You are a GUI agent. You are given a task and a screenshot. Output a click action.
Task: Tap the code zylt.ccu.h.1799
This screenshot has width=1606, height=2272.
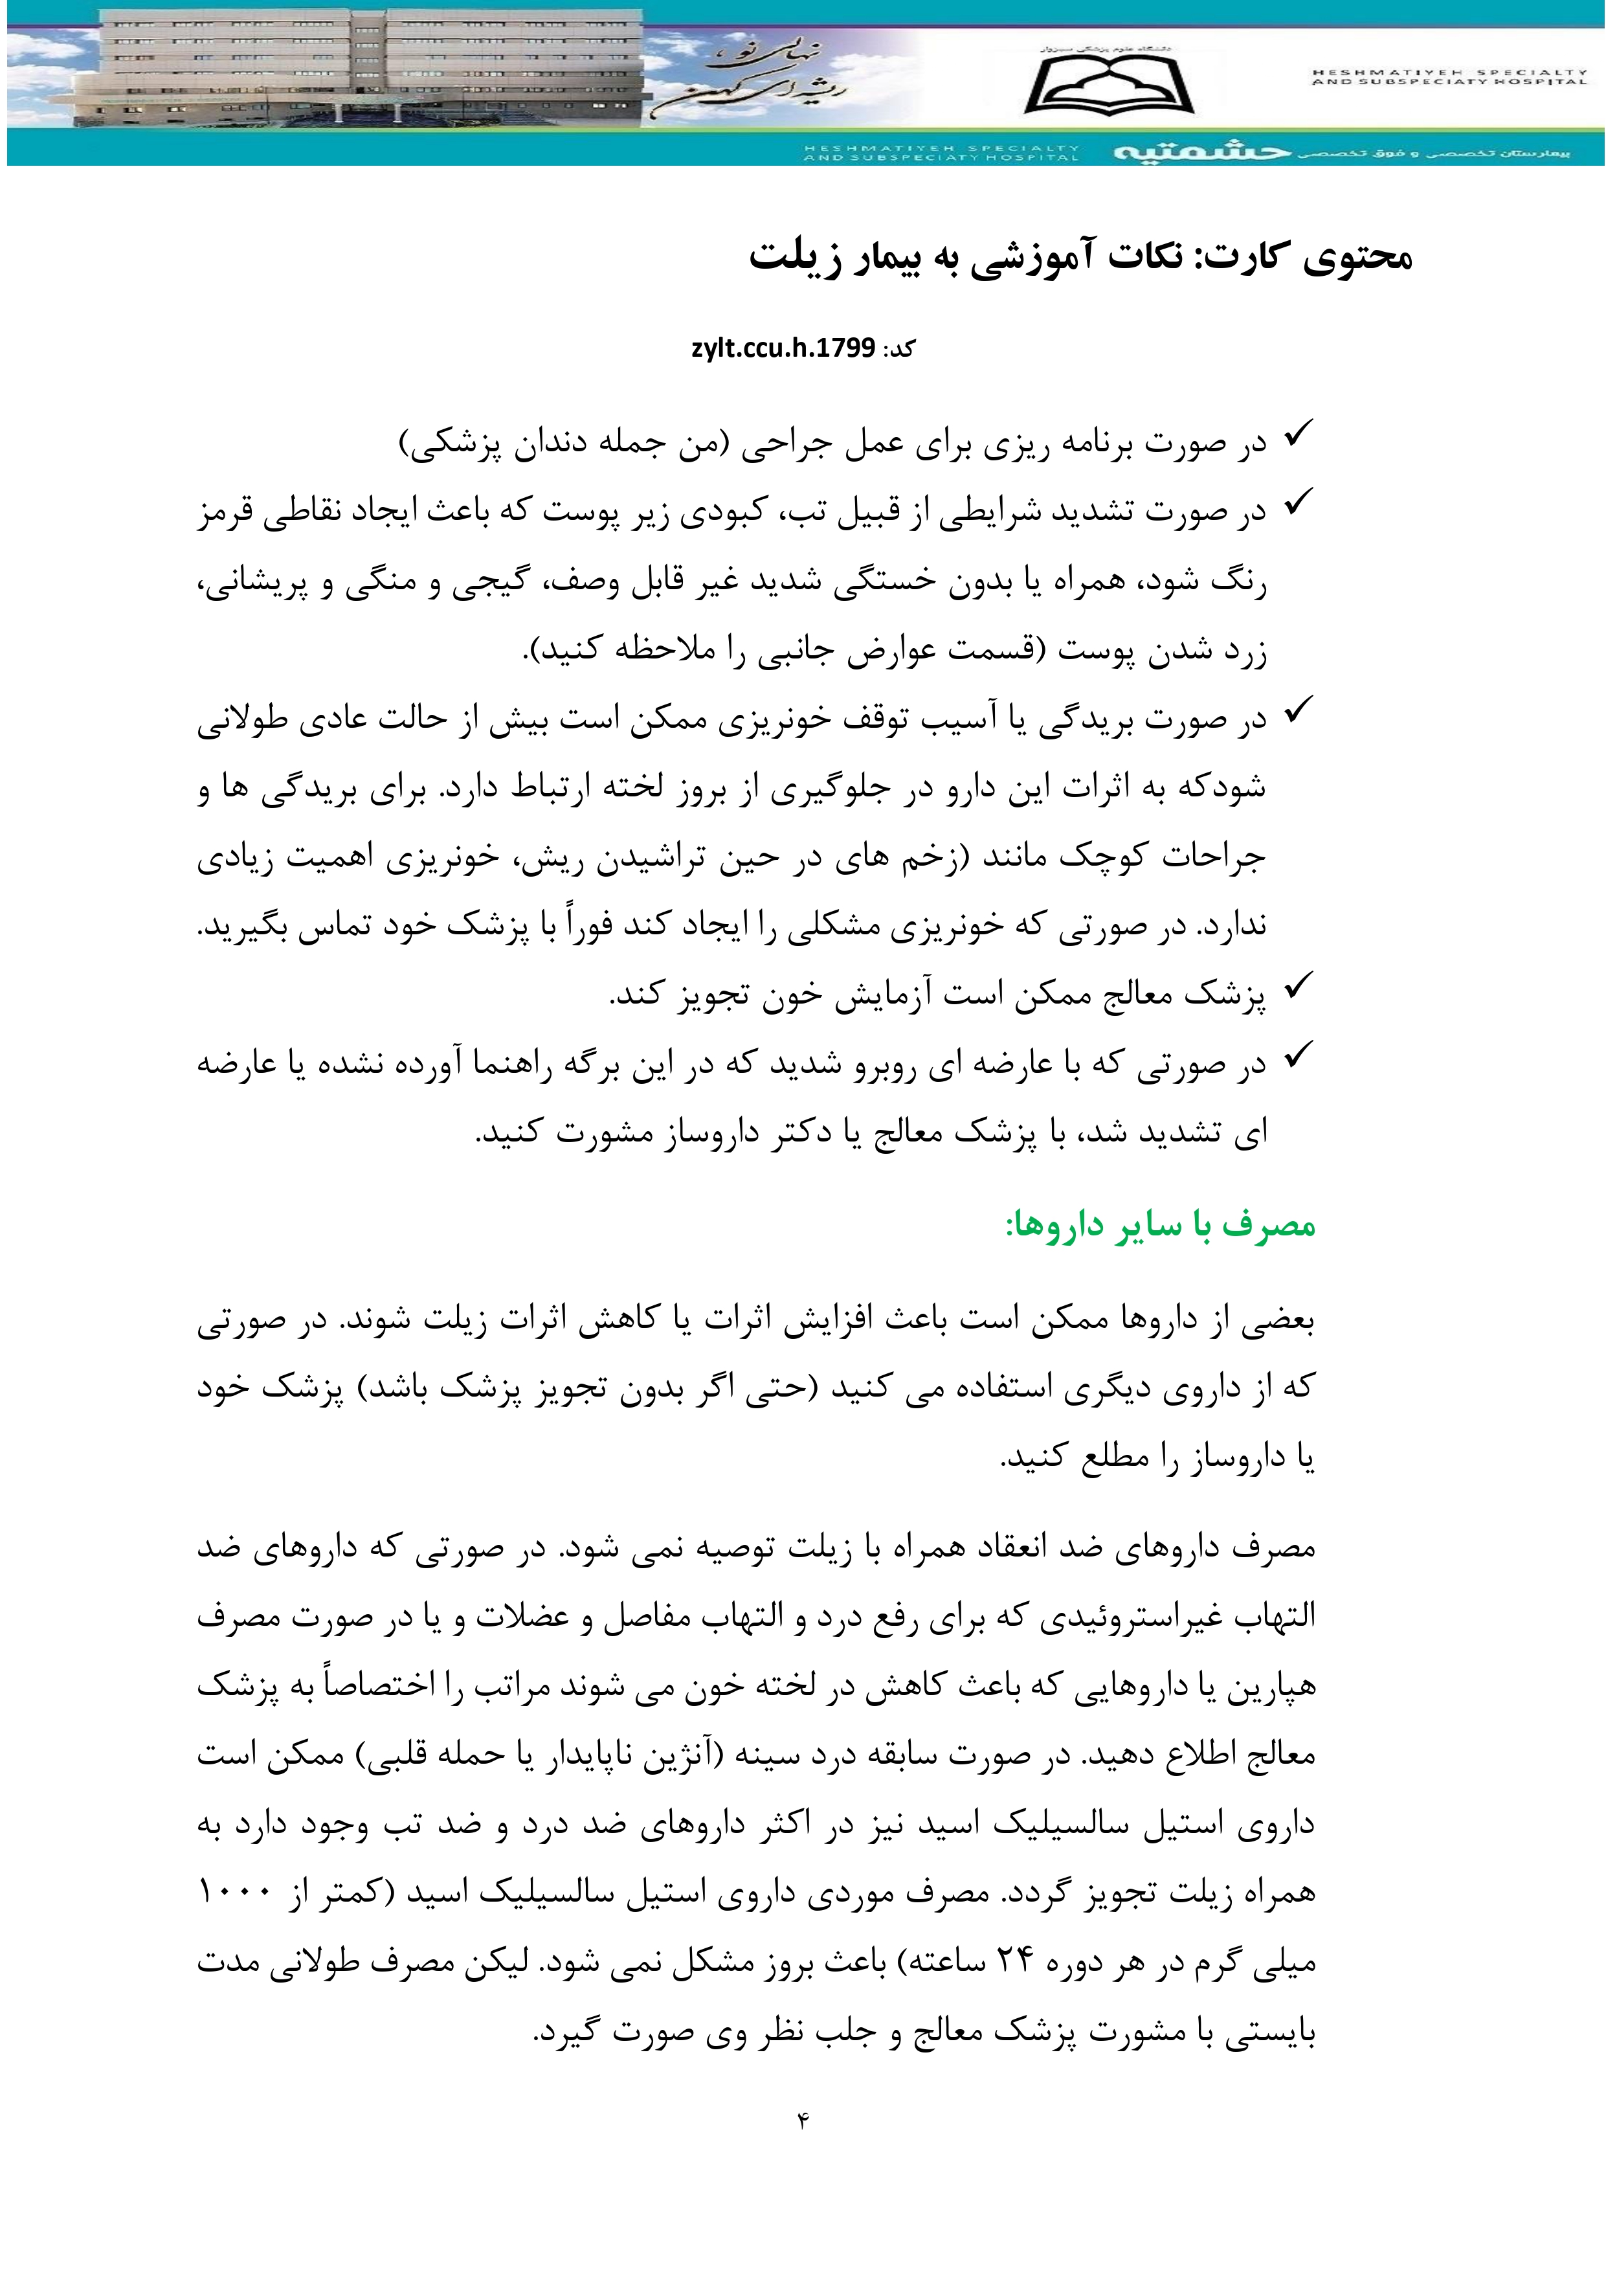pos(783,348)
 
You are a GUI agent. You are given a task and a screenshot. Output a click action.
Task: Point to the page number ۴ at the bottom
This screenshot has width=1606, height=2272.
pos(803,2119)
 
